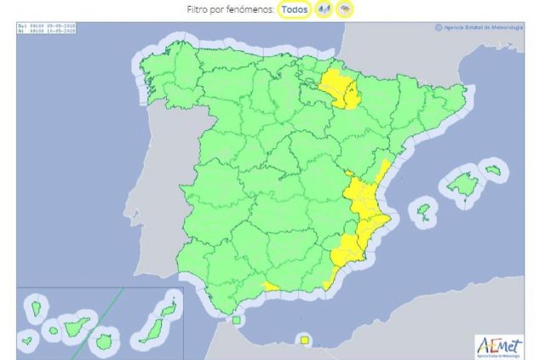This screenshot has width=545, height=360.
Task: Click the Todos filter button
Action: [x=294, y=9]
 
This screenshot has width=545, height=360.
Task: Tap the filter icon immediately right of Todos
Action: [x=324, y=9]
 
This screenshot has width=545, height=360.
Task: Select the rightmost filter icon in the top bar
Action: [x=345, y=9]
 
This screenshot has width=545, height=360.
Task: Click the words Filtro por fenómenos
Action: [x=225, y=9]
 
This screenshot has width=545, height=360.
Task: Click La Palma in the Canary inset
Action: [x=37, y=305]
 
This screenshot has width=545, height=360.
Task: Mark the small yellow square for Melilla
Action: [x=304, y=340]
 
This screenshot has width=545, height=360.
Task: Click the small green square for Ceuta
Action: [x=236, y=321]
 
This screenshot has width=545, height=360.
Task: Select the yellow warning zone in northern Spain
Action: [x=340, y=89]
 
